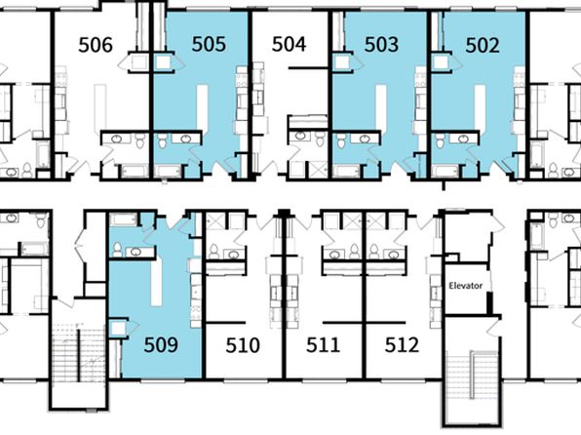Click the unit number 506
point(96,45)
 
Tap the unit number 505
point(209,44)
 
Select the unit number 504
point(289,44)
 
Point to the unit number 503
point(382,45)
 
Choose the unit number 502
point(483,46)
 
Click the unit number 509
point(161,344)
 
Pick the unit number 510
point(243,345)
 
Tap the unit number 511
point(323,344)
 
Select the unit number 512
point(402,345)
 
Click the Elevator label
point(466,286)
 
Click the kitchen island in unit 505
point(202,107)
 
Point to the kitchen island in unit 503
point(381,107)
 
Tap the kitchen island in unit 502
point(481,107)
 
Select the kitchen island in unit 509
point(156,282)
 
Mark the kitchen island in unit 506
point(100,107)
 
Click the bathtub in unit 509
point(124,219)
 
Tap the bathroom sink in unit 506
point(117,139)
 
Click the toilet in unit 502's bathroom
point(440,140)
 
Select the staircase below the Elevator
point(472,375)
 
